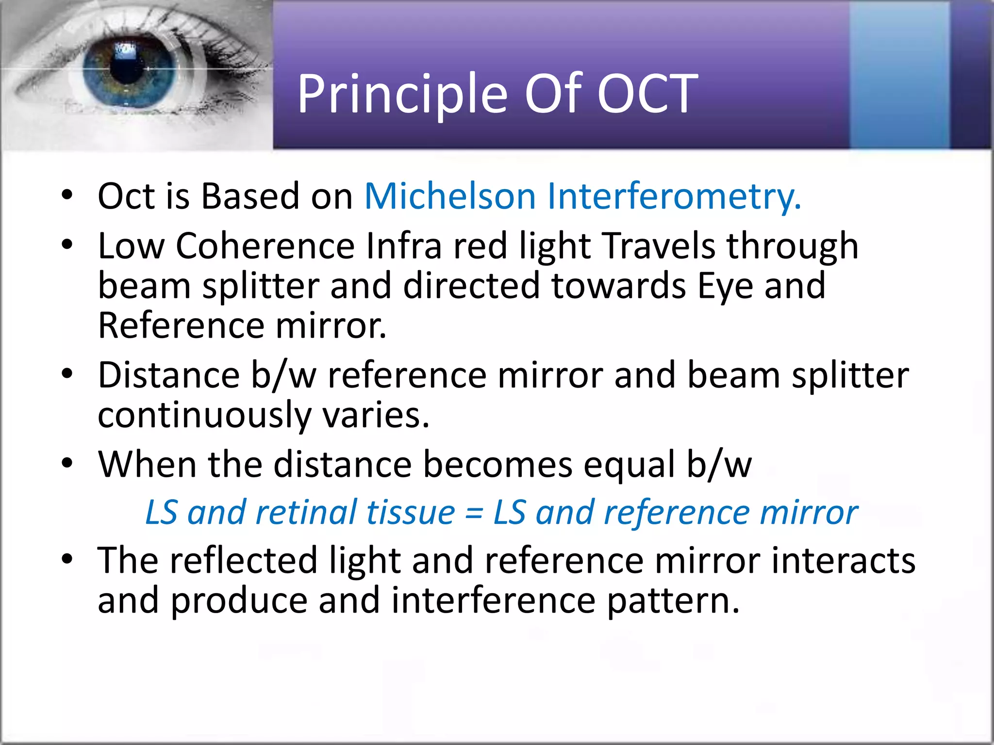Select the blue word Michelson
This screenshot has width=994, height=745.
(449, 196)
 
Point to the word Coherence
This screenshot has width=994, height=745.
(265, 246)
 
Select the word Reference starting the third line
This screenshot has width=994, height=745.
(181, 325)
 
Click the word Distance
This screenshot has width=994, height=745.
(168, 375)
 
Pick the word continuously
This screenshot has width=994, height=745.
(204, 416)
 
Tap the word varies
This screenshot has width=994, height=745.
(376, 416)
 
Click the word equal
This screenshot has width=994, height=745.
(629, 464)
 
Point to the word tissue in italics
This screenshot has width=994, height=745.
(410, 513)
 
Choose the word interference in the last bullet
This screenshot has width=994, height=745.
(493, 600)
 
